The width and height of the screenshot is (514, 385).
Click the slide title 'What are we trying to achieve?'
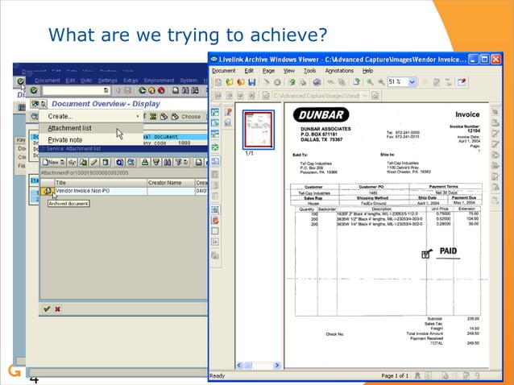pos(188,35)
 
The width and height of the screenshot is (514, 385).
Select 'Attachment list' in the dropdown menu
pos(69,128)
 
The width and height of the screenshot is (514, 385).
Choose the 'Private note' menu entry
pos(64,140)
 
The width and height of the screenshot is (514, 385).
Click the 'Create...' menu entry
pos(60,116)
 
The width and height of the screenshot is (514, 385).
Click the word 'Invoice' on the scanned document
pos(467,115)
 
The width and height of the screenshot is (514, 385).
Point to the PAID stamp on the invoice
pos(447,251)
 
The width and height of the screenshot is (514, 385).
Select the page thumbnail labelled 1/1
pos(259,128)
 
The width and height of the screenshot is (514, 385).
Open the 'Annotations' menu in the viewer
pos(339,71)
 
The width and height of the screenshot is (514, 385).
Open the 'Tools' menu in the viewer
pos(309,71)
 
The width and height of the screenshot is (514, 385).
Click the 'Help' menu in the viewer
pos(368,71)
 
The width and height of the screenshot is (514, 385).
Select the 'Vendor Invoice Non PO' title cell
pos(88,191)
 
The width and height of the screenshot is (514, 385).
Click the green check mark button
pos(47,308)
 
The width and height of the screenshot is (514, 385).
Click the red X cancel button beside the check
pos(58,308)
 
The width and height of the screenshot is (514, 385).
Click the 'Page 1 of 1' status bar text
pos(396,376)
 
